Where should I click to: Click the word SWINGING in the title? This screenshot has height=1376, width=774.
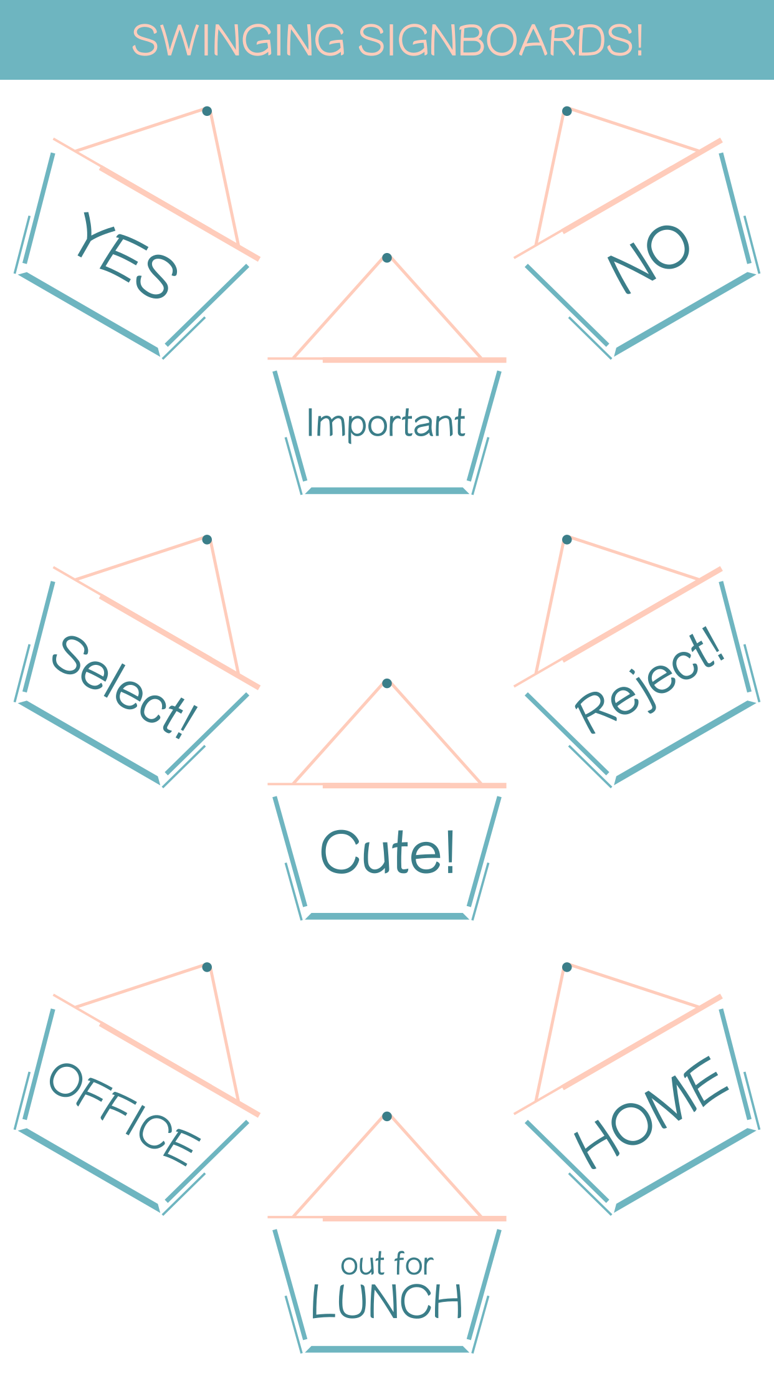tap(239, 41)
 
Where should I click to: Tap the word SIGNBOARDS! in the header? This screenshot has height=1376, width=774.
tap(500, 41)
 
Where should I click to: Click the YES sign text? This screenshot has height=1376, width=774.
tap(128, 255)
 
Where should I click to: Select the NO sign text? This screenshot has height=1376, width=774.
tap(649, 258)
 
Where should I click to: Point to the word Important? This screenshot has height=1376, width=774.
tap(386, 424)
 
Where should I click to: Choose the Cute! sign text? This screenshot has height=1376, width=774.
tap(388, 852)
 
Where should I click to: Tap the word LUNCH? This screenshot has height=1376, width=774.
tap(387, 1302)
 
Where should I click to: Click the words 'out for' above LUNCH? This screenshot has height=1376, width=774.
tap(387, 1264)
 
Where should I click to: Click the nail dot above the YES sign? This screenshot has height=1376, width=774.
tap(207, 111)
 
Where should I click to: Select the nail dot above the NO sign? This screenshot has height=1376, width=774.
tap(566, 111)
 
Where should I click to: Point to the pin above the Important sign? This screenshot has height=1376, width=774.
tap(387, 257)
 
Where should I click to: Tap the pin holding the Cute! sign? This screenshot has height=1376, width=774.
tap(387, 683)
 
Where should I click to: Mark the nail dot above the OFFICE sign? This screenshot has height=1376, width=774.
tap(207, 967)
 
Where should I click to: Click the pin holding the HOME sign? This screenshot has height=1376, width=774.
tap(566, 967)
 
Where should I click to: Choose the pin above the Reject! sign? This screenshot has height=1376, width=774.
tap(566, 539)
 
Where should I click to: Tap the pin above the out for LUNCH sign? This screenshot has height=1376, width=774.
tap(387, 1116)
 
